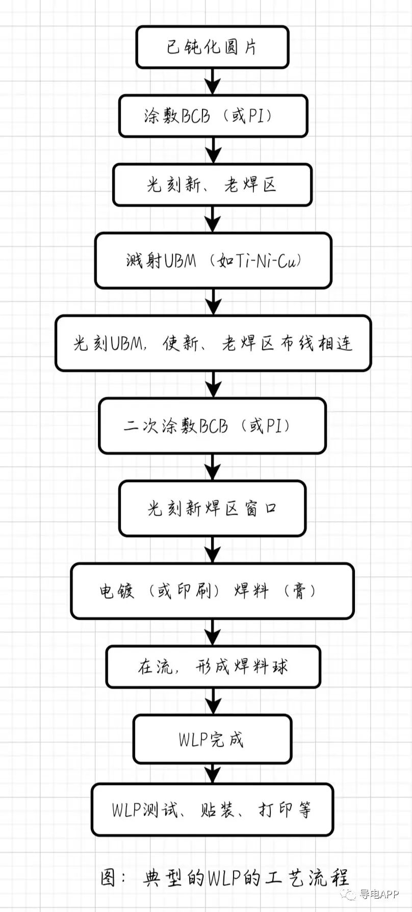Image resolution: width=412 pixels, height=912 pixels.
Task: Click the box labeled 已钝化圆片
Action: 212,47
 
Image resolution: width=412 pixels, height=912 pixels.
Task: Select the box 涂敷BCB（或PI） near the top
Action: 213,116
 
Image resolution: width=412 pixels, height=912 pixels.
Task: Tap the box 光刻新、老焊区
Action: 212,185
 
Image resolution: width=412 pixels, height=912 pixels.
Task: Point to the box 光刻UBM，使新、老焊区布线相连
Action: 213,343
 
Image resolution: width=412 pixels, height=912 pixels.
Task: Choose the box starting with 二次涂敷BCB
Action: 212,426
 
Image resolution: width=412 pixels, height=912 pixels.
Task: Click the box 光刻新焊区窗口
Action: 212,509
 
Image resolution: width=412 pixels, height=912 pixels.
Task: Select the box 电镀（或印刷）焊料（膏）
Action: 212,591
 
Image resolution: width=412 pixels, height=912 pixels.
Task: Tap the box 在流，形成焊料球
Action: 213,667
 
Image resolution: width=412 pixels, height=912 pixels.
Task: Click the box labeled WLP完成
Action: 212,739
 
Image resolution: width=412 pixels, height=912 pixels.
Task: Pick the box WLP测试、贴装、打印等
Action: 212,810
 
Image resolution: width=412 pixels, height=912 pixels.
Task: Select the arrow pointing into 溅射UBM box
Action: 213,219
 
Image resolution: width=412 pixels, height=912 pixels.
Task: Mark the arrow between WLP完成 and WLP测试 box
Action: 213,773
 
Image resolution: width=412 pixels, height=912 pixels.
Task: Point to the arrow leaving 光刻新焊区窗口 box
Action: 213,549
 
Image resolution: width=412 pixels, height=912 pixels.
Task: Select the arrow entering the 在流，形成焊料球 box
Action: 213,632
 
